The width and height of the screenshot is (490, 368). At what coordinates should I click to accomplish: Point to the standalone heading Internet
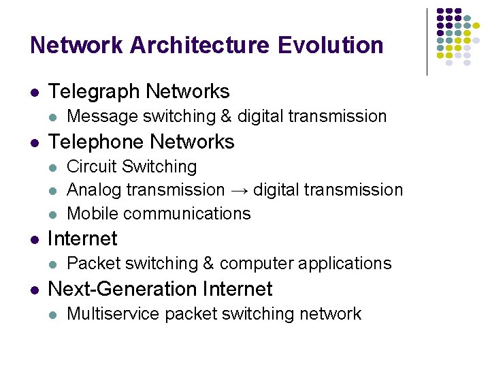tap(82, 239)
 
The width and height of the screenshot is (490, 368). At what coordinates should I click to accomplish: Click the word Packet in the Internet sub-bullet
tap(89, 263)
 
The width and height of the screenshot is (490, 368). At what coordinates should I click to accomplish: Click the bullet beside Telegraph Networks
tap(34, 92)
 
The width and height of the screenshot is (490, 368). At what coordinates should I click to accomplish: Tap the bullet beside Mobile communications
tap(54, 214)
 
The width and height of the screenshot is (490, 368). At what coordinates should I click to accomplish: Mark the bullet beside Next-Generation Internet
tap(34, 290)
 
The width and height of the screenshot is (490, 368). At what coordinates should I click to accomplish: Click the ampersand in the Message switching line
tap(226, 117)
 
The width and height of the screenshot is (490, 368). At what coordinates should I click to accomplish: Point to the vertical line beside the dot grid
tap(427, 41)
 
